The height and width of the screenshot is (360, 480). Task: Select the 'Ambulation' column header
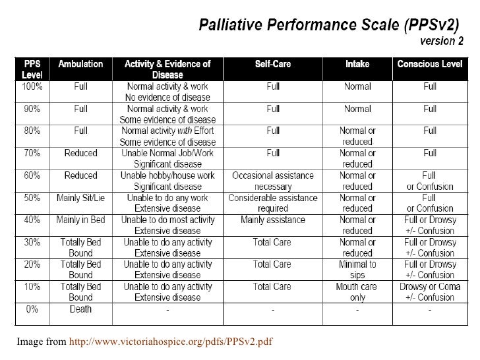point(80,65)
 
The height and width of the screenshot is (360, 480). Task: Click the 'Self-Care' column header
point(272,65)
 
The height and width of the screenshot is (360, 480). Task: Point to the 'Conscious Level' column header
point(429,65)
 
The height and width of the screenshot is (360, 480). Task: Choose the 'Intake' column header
point(357,65)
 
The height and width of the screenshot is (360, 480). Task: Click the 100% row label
point(31,86)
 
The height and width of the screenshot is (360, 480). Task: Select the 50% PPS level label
point(31,198)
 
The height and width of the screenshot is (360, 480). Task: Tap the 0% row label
point(31,309)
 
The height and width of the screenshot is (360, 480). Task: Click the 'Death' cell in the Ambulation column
point(80,309)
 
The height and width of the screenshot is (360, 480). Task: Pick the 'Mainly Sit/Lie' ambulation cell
point(80,198)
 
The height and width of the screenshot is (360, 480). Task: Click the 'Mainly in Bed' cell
point(80,220)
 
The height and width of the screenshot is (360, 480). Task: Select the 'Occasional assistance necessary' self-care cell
point(272,181)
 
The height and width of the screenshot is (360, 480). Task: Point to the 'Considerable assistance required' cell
point(272,203)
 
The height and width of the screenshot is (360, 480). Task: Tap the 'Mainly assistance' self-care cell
point(272,220)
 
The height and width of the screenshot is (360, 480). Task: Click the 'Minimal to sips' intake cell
point(357,270)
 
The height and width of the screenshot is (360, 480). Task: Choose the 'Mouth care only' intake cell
point(357,292)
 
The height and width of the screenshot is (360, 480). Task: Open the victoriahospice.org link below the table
point(171,341)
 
